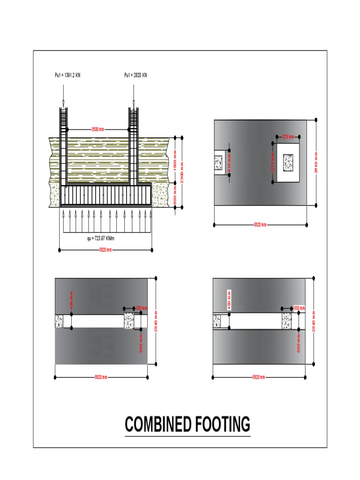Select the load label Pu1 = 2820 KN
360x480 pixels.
[135, 75]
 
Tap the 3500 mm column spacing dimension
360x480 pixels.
[97, 129]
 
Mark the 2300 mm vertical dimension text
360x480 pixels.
[182, 172]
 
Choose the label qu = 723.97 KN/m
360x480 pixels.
[101, 239]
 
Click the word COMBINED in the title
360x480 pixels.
[158, 425]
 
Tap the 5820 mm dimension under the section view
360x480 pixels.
[105, 250]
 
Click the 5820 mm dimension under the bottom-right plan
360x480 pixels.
[259, 377]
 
